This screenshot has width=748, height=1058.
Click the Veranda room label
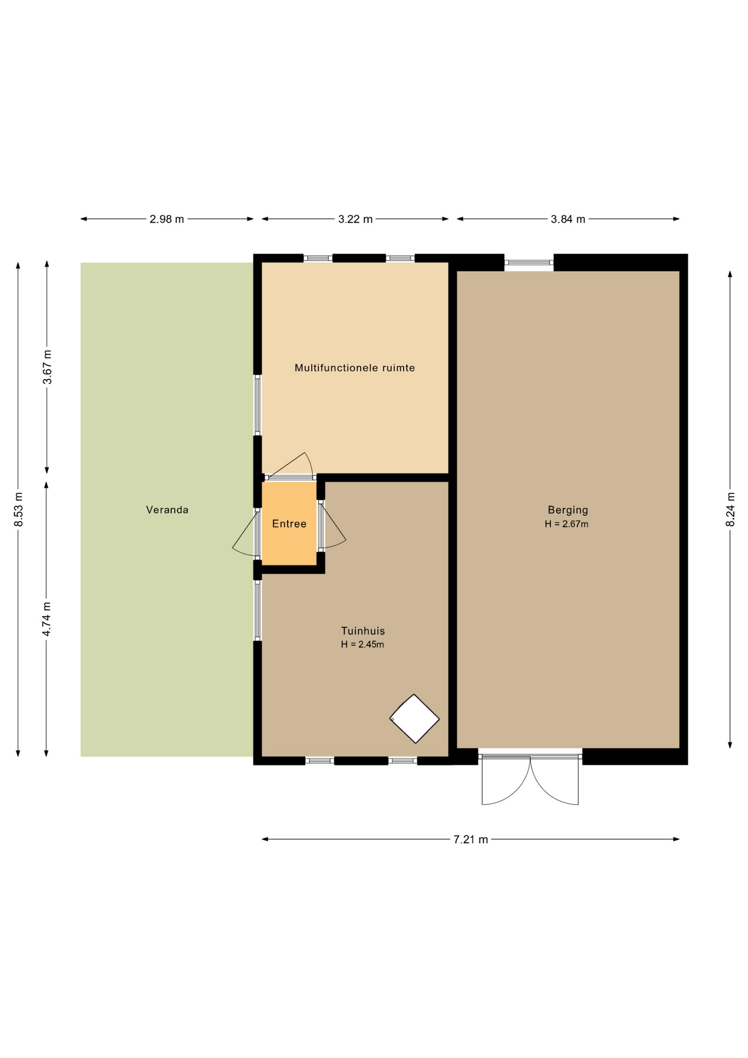(x=167, y=510)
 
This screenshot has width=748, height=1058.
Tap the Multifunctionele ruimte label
(x=355, y=368)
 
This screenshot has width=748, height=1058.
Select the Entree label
(x=289, y=523)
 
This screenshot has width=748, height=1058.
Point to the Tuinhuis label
(x=362, y=631)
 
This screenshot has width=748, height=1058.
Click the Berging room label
(x=568, y=510)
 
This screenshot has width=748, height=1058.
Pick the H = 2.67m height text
(x=566, y=524)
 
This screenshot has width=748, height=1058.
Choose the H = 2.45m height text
(x=362, y=644)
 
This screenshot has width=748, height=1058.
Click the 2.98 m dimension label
(x=167, y=219)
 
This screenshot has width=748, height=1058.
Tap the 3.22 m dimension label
(x=355, y=219)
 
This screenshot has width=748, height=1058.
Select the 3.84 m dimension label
(x=568, y=219)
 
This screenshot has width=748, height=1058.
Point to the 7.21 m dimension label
(x=471, y=839)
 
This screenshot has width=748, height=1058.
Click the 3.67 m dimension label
(x=47, y=367)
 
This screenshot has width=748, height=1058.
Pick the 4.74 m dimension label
(x=47, y=619)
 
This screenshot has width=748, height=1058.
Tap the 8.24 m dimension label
(x=730, y=509)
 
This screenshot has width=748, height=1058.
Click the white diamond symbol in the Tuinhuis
(x=414, y=719)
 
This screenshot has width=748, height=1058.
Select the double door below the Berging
(x=530, y=778)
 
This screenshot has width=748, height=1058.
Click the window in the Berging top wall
(x=529, y=262)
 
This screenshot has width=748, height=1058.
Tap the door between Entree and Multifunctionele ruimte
(x=290, y=467)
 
